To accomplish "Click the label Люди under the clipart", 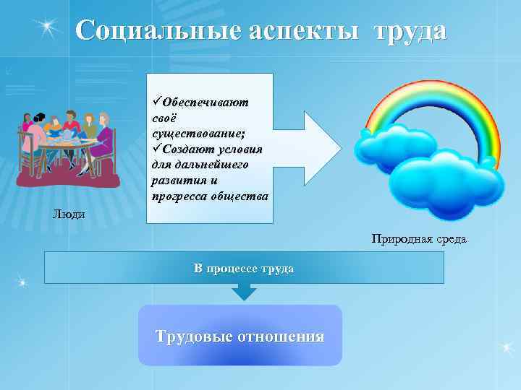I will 69,214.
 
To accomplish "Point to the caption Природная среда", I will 419,238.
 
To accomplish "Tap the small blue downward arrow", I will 244,291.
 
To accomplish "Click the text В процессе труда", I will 244,268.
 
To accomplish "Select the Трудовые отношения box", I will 240,335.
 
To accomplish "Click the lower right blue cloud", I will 444,184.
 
